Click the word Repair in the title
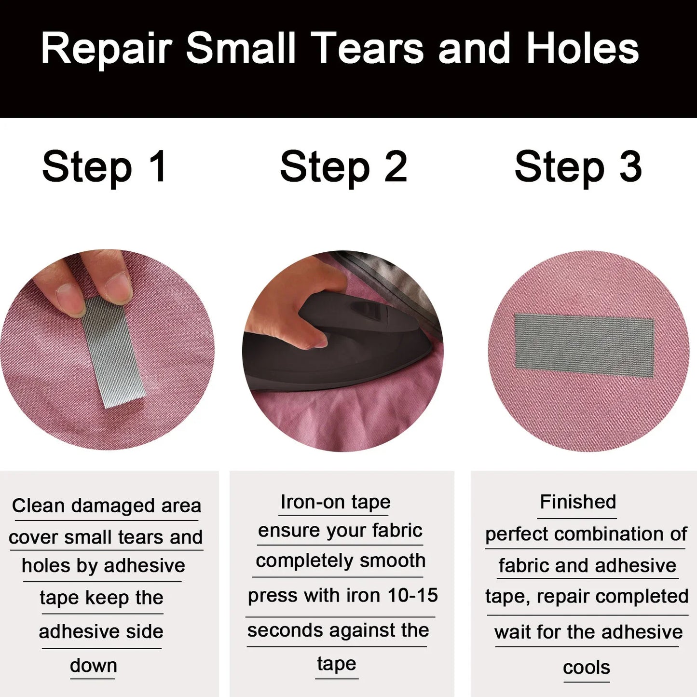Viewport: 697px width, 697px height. pyautogui.click(x=106, y=49)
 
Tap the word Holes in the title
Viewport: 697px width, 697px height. pyautogui.click(x=583, y=49)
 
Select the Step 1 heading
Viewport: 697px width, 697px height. pyautogui.click(x=105, y=167)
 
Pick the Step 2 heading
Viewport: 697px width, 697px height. pyautogui.click(x=343, y=167)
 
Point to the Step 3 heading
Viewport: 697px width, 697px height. pyautogui.click(x=578, y=167)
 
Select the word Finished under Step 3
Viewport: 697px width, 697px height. pyautogui.click(x=578, y=502)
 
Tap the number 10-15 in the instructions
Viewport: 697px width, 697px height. pyautogui.click(x=412, y=596)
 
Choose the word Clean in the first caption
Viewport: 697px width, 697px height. pyautogui.click(x=38, y=506)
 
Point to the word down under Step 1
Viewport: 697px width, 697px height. pyautogui.click(x=94, y=666)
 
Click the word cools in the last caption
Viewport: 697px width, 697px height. pyautogui.click(x=587, y=668)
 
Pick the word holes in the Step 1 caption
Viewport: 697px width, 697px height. pyautogui.click(x=45, y=566)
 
